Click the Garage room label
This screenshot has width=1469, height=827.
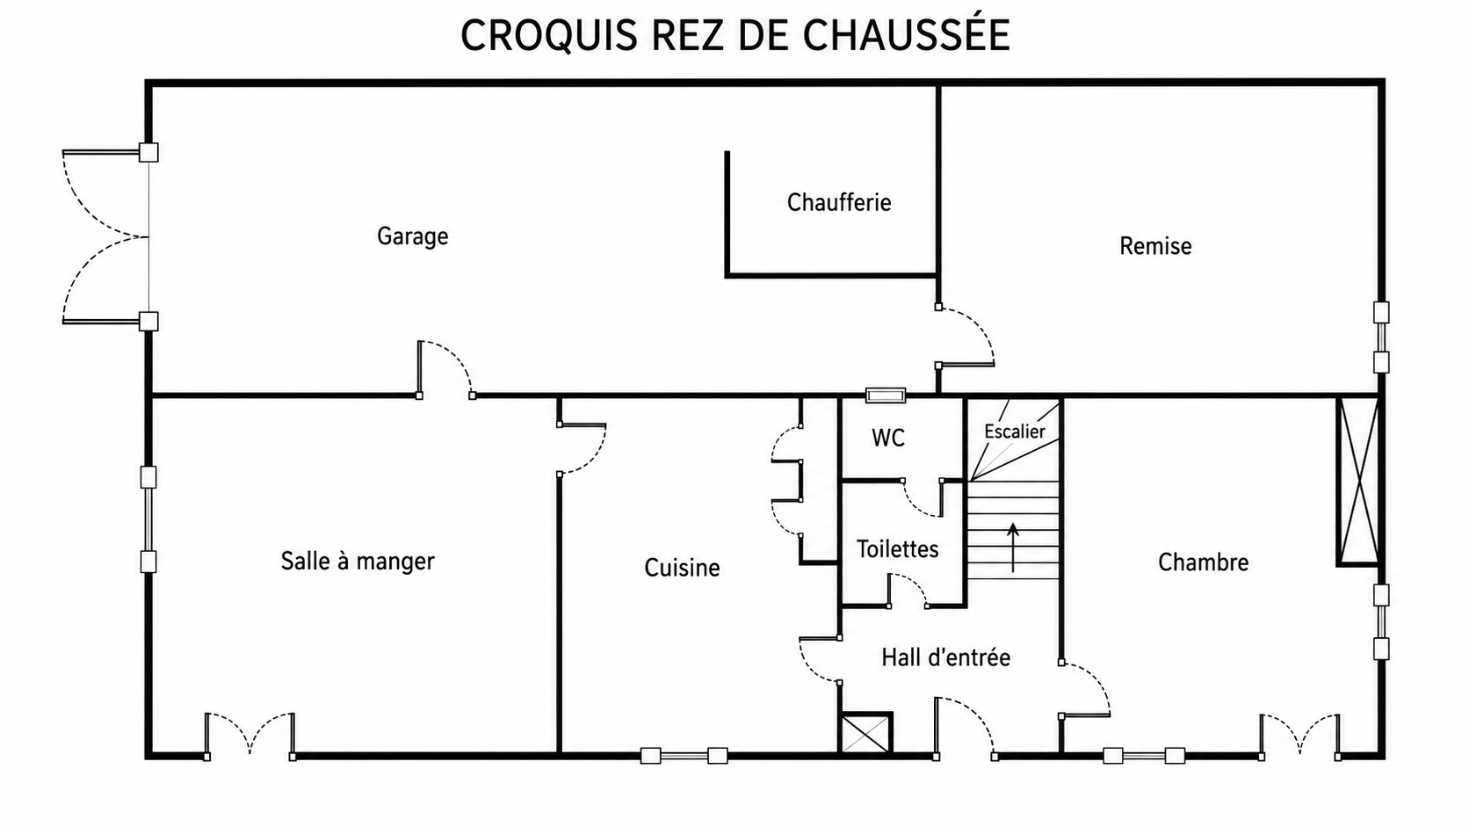point(413,236)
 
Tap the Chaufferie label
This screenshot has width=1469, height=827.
point(839,203)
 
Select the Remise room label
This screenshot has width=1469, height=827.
point(1154,246)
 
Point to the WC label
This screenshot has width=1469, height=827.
point(888,438)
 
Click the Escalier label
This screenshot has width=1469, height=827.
point(1015,432)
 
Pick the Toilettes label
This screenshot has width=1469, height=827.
point(897,548)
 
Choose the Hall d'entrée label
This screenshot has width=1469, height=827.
point(945,657)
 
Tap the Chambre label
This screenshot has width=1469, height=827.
point(1203,562)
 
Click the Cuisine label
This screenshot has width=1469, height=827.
point(682,567)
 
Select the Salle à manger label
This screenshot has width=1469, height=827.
point(358,562)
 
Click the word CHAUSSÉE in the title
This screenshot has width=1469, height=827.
point(907,34)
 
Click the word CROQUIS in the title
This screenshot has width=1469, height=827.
point(549,35)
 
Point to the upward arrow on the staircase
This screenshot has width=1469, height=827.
point(1013,548)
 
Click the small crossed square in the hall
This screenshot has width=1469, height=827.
point(865,732)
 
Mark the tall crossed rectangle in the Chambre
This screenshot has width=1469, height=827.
point(1359,481)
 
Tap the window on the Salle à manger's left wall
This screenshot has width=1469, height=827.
point(148,519)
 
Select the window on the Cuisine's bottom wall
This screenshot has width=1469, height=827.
point(684,756)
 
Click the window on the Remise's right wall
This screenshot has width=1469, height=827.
point(1381,337)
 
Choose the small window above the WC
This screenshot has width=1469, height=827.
point(886,395)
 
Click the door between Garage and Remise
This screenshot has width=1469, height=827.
point(964,336)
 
